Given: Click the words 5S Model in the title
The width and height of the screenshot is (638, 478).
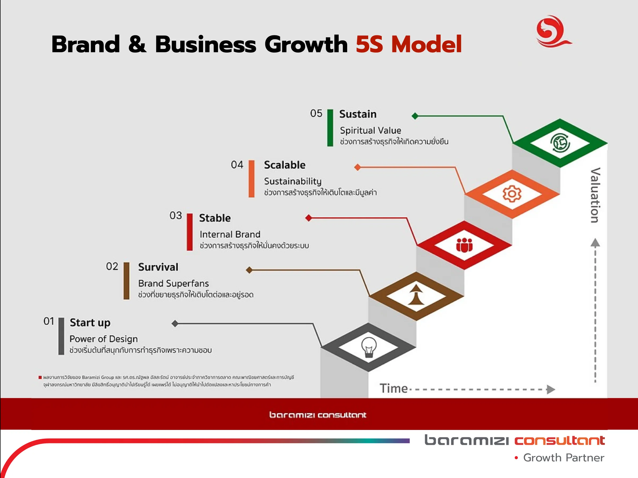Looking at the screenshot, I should (x=408, y=44).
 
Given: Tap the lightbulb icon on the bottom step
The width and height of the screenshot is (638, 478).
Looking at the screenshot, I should (x=369, y=347).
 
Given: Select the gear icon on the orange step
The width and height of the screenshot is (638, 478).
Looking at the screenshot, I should (x=512, y=194).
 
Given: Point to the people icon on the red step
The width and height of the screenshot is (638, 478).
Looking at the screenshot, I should (x=464, y=245).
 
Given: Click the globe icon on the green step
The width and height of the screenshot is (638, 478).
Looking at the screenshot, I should (x=560, y=143).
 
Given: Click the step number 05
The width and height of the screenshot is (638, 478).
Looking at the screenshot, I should (x=316, y=113).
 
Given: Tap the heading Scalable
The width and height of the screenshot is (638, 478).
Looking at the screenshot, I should (x=285, y=165).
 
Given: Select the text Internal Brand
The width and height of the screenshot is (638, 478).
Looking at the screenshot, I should (x=230, y=234).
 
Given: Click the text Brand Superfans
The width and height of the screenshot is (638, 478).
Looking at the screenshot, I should (x=173, y=284).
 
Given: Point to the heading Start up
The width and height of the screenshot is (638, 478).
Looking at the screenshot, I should (x=90, y=323).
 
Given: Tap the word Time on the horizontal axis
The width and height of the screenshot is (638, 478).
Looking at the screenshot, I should (x=393, y=389).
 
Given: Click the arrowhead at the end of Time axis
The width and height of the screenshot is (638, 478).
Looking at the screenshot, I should (x=551, y=389).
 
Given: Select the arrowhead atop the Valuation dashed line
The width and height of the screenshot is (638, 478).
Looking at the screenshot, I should (x=595, y=243).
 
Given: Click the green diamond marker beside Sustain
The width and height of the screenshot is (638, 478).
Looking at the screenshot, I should (x=415, y=116).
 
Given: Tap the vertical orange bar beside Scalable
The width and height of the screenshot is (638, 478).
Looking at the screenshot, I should (x=251, y=179).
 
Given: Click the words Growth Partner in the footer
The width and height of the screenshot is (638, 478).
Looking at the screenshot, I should (x=564, y=458).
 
